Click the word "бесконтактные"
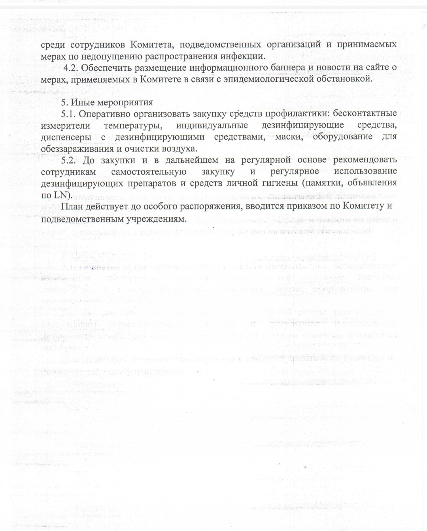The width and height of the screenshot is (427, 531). point(365,114)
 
